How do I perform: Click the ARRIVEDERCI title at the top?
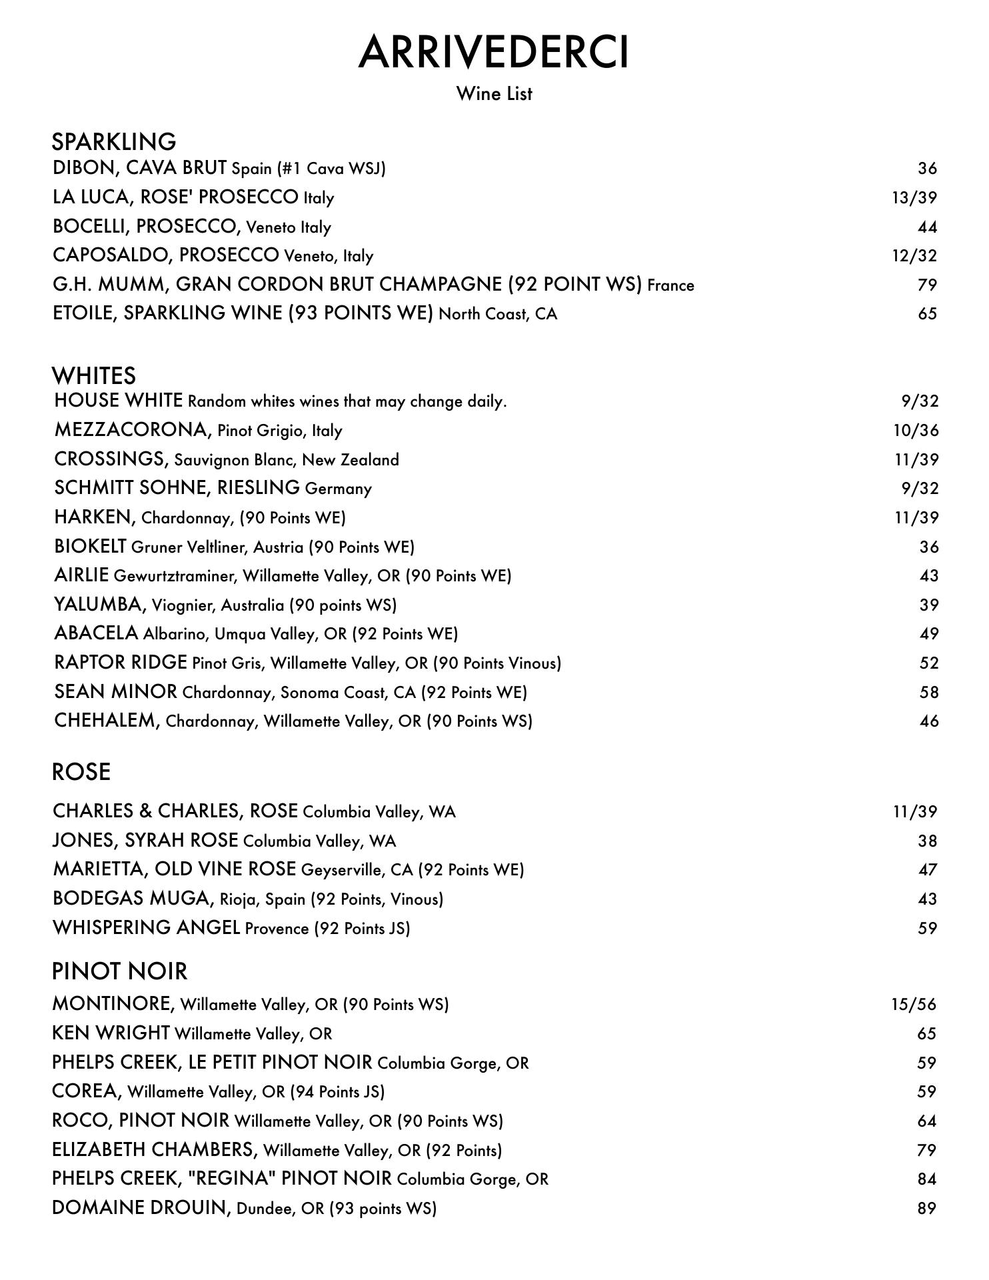tap(493, 52)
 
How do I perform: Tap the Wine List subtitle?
tap(494, 93)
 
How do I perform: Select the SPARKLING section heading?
tap(114, 142)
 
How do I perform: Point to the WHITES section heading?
tap(94, 376)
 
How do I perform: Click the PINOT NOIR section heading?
tap(120, 971)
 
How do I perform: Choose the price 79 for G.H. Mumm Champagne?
tap(927, 285)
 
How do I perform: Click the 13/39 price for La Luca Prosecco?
tap(914, 197)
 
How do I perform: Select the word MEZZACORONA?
tap(131, 430)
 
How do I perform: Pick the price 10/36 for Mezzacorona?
tap(916, 430)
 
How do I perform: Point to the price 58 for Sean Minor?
tap(928, 692)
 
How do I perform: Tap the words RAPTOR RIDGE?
tap(121, 663)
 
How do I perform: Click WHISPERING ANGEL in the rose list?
tap(146, 927)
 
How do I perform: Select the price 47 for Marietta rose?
tap(927, 869)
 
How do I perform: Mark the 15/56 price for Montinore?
tap(914, 1004)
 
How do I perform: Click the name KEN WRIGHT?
tap(111, 1033)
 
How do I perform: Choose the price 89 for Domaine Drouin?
tap(926, 1208)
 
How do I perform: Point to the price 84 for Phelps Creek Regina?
tap(926, 1179)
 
